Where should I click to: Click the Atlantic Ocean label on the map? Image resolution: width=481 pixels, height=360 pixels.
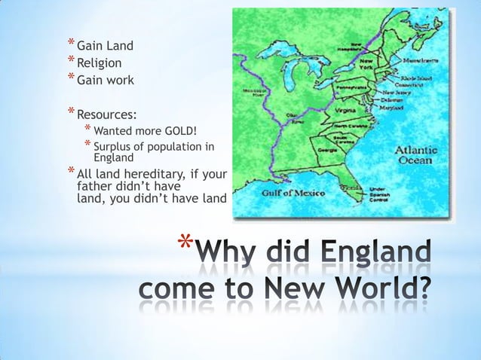click(415, 154)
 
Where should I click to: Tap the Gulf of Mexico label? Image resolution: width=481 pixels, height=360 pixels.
click(293, 194)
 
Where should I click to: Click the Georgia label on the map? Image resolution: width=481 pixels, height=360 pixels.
click(329, 150)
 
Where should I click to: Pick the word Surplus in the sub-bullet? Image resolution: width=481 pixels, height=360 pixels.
click(112, 146)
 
